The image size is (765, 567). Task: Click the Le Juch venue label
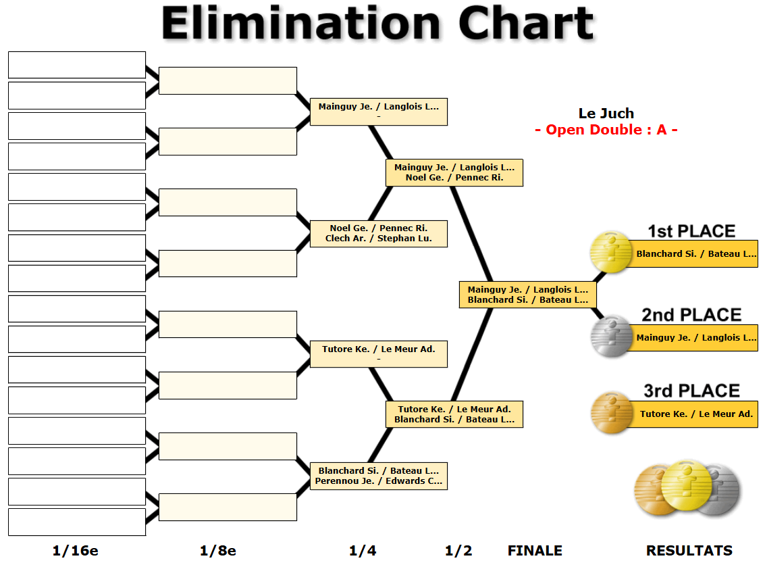click(606, 114)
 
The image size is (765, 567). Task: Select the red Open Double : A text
click(606, 130)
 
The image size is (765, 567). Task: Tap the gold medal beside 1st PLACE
click(610, 253)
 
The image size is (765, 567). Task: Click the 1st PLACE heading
click(691, 231)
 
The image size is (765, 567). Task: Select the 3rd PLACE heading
click(691, 391)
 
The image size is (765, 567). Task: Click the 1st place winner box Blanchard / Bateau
click(695, 254)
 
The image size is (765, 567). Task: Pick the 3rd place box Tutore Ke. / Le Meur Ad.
click(695, 414)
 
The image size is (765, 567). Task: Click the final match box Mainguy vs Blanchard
click(527, 295)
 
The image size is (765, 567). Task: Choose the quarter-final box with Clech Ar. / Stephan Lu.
click(378, 233)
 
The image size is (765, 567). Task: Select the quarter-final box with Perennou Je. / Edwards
click(378, 476)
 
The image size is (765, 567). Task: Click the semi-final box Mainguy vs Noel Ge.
click(454, 172)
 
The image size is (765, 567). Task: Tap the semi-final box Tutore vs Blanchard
click(454, 414)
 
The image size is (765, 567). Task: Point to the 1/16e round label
click(75, 551)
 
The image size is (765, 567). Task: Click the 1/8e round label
click(217, 551)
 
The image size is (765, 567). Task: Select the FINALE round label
click(534, 551)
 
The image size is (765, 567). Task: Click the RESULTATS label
click(689, 551)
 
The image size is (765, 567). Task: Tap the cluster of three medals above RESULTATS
click(687, 491)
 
